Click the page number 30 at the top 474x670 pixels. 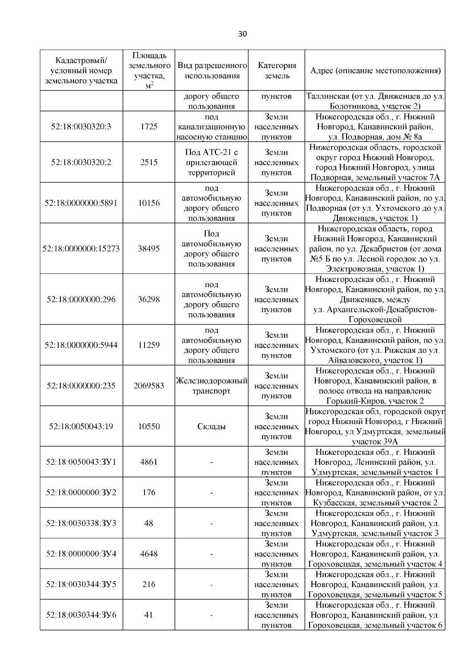point(242,34)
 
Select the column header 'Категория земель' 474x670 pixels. point(276,71)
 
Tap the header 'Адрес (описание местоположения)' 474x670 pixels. point(375,71)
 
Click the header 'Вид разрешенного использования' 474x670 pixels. point(212,71)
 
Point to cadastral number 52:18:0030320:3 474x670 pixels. point(81,127)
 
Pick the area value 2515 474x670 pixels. point(149,162)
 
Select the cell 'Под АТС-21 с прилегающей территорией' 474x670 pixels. point(212,162)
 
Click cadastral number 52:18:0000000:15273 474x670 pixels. point(81,249)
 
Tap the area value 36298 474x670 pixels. point(149,299)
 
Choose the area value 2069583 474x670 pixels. point(149,386)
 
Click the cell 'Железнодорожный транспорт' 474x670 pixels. point(212,386)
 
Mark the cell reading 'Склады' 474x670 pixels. point(212,426)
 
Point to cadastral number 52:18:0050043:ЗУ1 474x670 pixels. point(81,462)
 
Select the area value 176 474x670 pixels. point(149,492)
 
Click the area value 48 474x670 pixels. point(149,523)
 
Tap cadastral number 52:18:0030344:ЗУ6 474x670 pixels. point(81,615)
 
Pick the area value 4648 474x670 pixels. point(149,554)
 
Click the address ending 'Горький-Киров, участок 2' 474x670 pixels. point(375,386)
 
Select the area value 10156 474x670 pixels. point(149,203)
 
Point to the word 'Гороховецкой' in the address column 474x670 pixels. point(375,319)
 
